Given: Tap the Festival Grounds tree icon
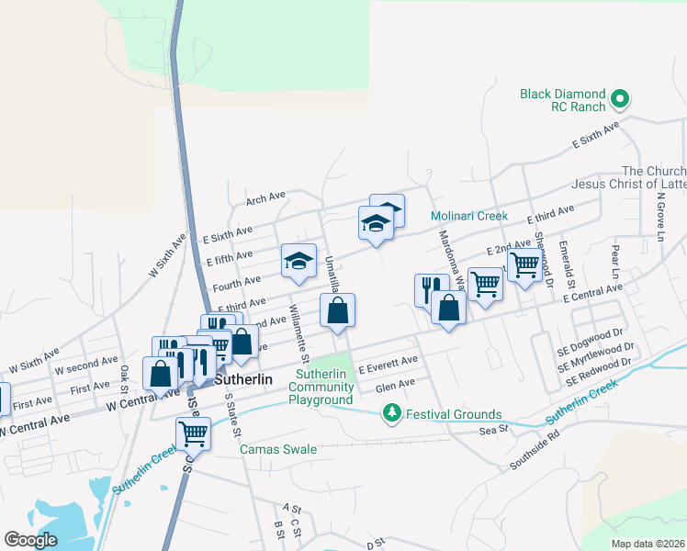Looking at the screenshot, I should [392, 414].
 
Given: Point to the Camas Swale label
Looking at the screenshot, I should [278, 449].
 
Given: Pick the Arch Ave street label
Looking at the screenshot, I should [266, 197].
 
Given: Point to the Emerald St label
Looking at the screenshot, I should [569, 263].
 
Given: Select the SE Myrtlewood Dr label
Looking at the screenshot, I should [596, 355].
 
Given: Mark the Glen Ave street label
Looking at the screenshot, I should [396, 383].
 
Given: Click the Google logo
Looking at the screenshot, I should [31, 540].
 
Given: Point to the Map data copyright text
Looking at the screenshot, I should [648, 544].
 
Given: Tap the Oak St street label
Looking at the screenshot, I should [124, 376].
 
